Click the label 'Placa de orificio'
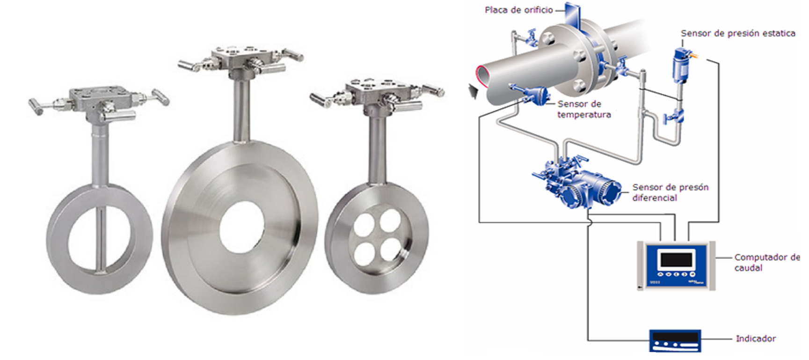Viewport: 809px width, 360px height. coord(518,10)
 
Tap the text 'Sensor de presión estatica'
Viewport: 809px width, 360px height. coord(738,33)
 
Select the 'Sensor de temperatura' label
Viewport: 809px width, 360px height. coord(584,109)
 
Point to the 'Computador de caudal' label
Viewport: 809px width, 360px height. coord(767,262)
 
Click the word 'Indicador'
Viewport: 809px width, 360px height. coord(756,338)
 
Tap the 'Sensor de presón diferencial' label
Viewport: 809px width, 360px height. coord(671,192)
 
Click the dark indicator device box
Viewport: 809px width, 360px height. coord(675,340)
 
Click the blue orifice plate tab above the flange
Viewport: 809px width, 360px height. coord(572,16)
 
